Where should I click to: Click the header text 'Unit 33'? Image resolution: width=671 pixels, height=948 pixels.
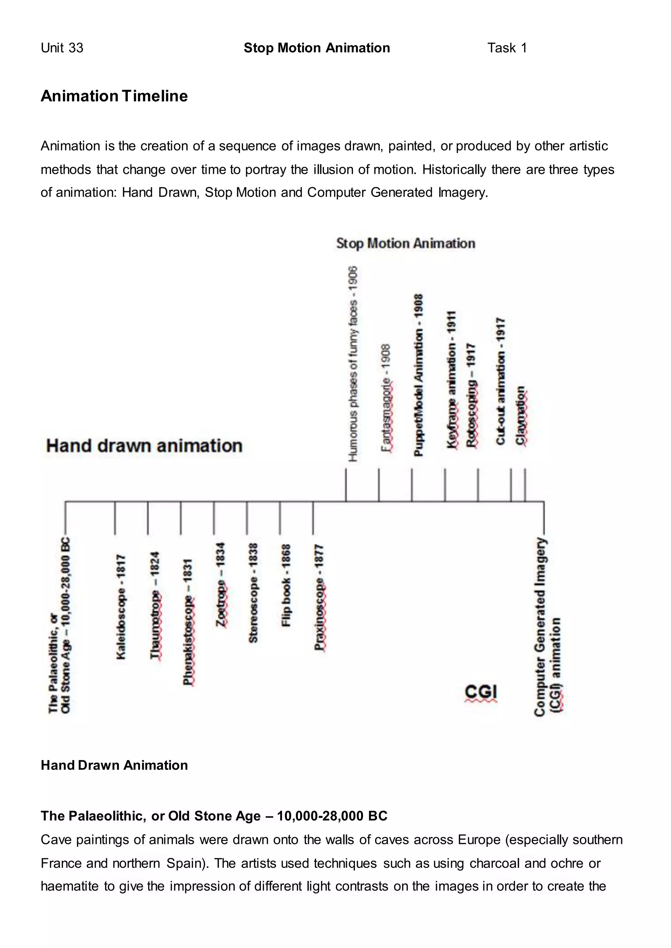click(x=62, y=48)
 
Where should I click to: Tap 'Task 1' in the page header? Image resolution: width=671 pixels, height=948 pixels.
click(x=507, y=48)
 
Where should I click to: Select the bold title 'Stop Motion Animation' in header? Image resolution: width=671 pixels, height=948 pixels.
click(x=316, y=48)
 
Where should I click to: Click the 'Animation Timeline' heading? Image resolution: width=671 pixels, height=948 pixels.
click(x=114, y=96)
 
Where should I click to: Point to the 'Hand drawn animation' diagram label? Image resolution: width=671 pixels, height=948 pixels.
click(x=144, y=446)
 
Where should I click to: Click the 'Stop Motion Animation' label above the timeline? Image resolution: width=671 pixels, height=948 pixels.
click(x=405, y=243)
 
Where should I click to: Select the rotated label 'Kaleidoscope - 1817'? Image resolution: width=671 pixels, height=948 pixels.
click(x=121, y=607)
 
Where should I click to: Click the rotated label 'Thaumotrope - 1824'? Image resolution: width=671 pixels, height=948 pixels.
click(x=155, y=605)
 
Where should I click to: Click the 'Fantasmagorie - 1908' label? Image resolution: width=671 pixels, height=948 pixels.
click(x=386, y=398)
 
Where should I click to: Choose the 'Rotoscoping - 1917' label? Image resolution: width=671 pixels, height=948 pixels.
click(x=471, y=395)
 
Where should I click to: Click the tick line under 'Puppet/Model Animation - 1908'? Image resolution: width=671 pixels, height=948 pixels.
click(x=412, y=485)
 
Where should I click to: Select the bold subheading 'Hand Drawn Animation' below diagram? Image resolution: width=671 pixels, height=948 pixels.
click(x=114, y=765)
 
